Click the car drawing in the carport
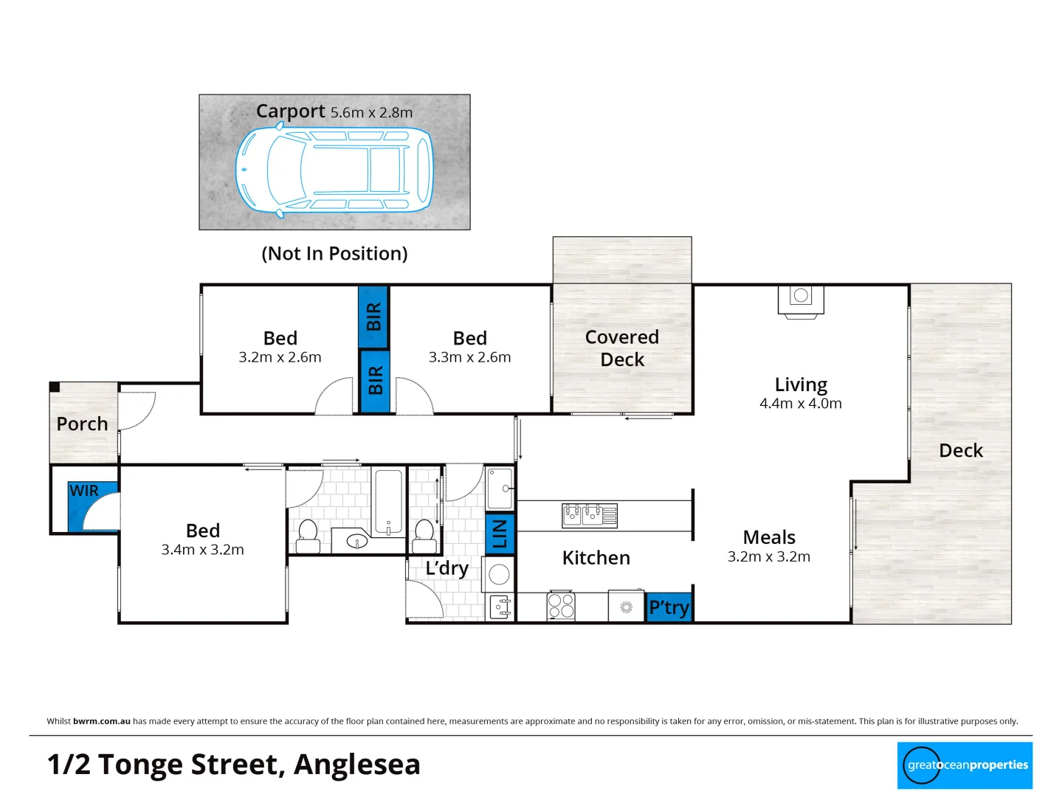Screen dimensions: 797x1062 [334, 170]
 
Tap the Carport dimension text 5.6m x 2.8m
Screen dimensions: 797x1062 [371, 113]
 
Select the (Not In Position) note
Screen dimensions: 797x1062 [334, 253]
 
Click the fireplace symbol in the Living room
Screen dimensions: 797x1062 [801, 300]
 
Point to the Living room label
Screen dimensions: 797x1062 [801, 384]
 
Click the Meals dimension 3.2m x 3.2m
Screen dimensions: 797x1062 [768, 557]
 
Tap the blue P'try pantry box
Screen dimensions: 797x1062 [669, 607]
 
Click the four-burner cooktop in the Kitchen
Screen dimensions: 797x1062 [561, 606]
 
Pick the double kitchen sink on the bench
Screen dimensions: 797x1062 [589, 515]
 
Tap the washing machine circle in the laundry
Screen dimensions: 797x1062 [500, 574]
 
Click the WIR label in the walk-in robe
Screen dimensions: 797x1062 [84, 491]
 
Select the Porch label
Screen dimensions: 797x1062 [82, 424]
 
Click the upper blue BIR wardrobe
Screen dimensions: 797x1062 [373, 317]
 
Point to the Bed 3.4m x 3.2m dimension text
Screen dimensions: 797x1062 [202, 550]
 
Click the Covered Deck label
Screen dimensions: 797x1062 [621, 348]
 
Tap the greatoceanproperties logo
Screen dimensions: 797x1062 [965, 765]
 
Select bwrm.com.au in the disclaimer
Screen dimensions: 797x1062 [102, 721]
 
